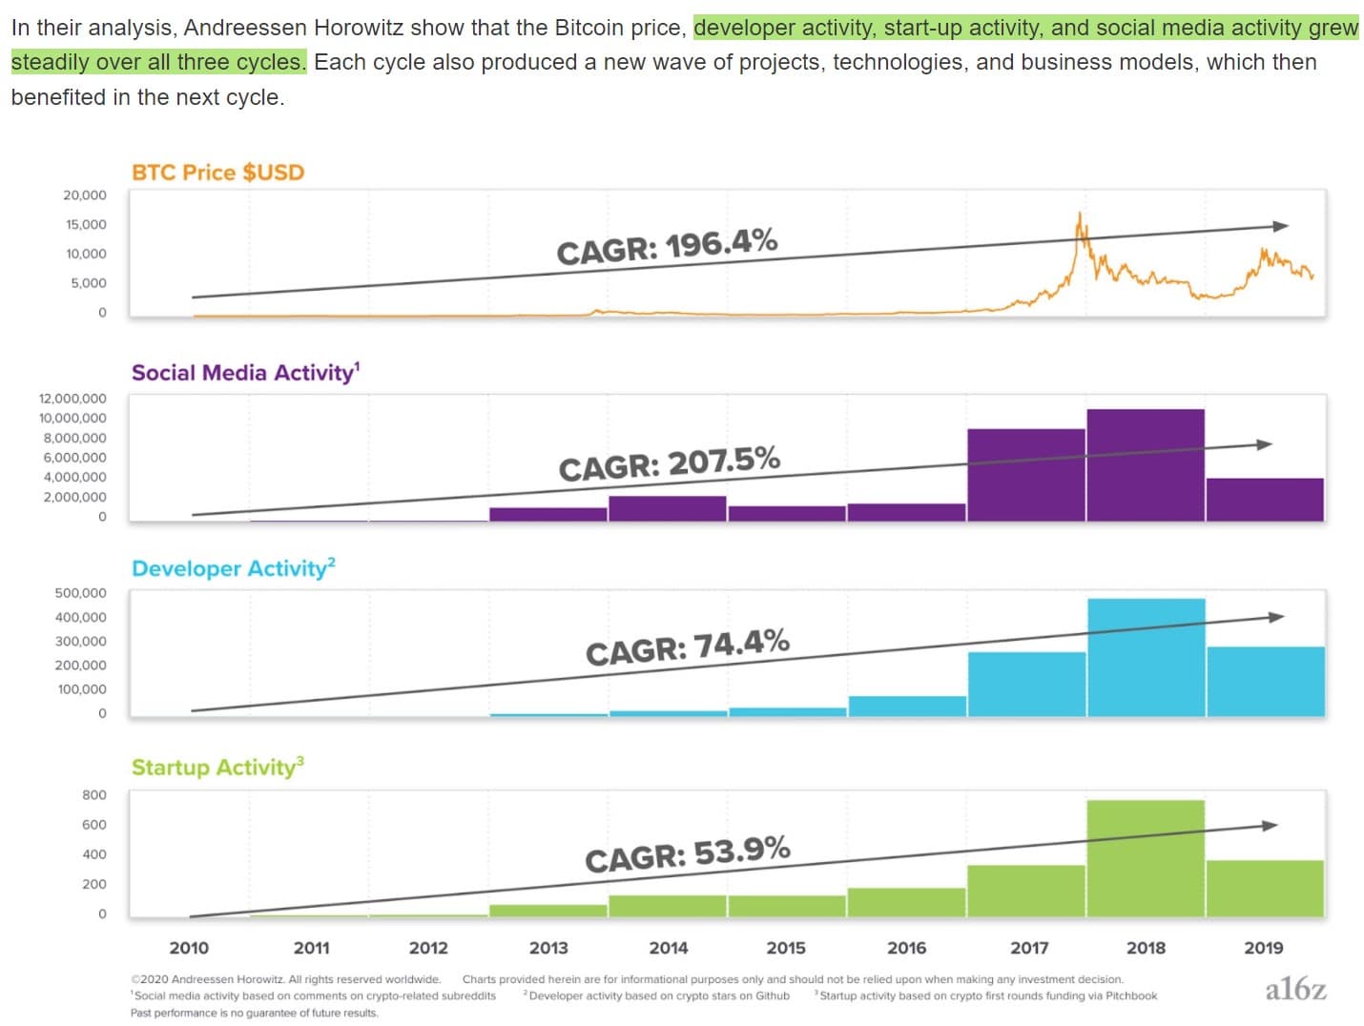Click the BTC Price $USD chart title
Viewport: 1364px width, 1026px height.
coord(217,173)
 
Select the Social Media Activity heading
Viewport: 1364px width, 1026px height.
coord(245,372)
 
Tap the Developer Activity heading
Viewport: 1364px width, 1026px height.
coord(233,568)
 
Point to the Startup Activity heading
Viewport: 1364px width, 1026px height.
coord(217,768)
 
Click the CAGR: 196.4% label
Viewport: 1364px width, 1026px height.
coord(667,247)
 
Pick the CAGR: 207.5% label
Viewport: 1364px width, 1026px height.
coord(669,464)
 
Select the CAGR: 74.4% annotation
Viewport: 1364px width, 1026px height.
coord(687,646)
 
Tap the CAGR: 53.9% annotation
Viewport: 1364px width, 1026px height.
coord(687,854)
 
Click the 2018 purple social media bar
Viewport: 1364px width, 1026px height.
coord(1146,464)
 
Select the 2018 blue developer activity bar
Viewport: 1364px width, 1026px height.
coord(1146,657)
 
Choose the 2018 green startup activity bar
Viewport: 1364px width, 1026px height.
coord(1146,858)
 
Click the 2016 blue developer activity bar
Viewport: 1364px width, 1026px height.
coord(907,706)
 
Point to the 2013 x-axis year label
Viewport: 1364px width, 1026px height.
coord(548,948)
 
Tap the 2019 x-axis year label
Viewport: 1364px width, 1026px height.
coord(1264,948)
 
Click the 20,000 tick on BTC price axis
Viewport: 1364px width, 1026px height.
coord(85,195)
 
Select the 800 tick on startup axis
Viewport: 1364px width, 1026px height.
coord(94,795)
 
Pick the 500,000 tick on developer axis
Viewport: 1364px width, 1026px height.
coord(81,593)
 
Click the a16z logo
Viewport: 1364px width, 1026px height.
coord(1295,990)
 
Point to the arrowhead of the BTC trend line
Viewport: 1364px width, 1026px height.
coord(1281,226)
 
